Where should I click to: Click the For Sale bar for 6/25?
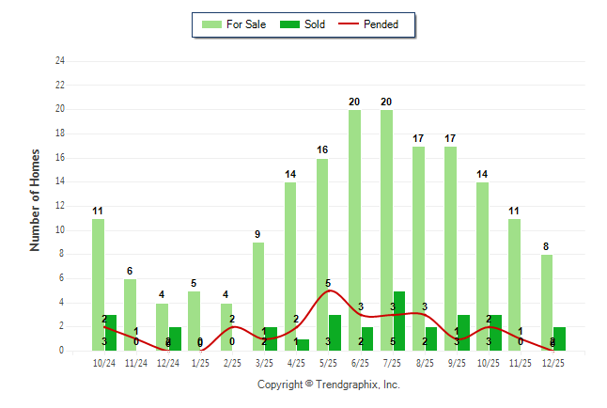354,230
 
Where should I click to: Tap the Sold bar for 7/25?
399,321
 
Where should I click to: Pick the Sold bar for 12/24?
175,339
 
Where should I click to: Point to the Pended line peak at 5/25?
327,290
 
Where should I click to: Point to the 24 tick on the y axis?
60,61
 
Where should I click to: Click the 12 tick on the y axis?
60,206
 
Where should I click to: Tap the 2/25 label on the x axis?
232,363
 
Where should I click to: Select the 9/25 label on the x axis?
457,363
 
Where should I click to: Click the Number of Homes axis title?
36,199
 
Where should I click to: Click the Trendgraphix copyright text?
328,384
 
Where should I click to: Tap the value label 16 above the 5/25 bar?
322,149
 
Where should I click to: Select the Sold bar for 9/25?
463,333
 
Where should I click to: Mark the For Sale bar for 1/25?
194,321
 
